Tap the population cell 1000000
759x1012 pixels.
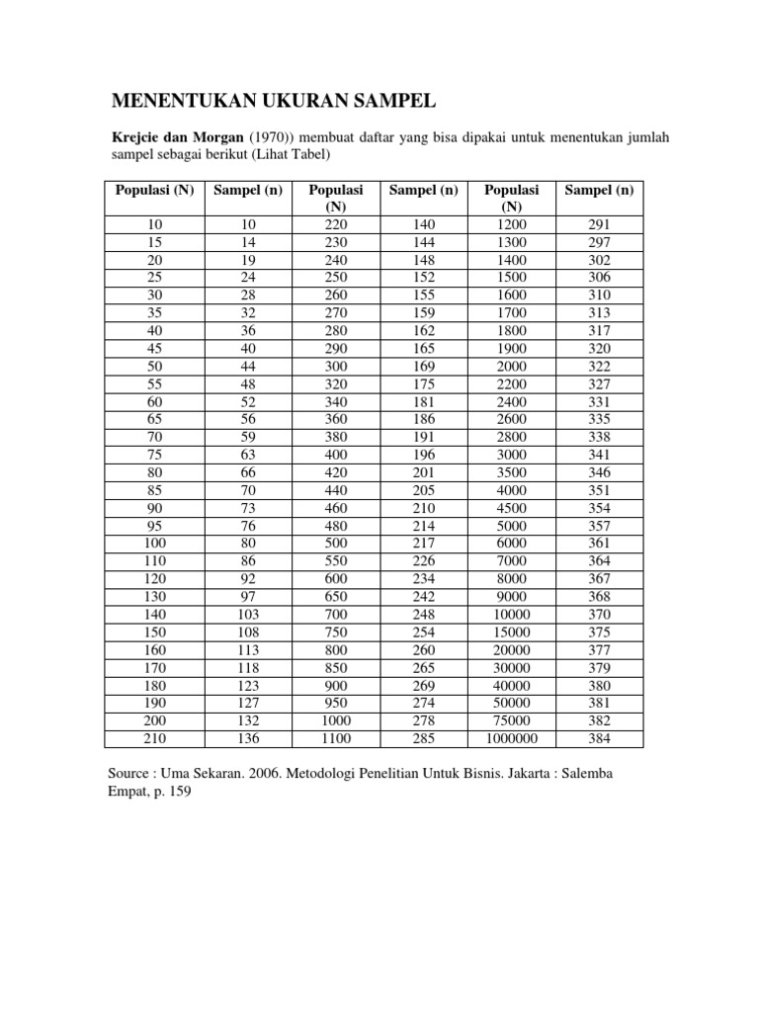[x=512, y=739]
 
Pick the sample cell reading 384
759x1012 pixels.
[x=600, y=739]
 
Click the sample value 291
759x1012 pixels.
[x=600, y=225]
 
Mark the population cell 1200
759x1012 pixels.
[x=512, y=225]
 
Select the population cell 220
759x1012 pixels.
[x=336, y=225]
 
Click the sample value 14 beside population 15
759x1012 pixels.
[x=248, y=242]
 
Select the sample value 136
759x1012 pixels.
[x=248, y=739]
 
